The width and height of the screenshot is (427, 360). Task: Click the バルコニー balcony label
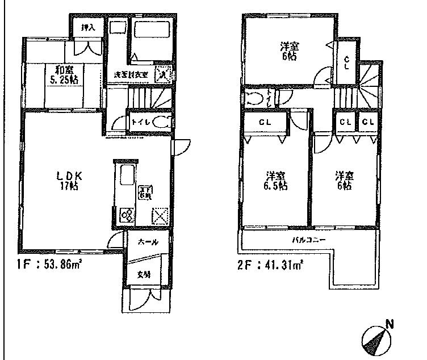pos(309,240)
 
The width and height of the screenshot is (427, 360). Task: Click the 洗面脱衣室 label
pos(131,74)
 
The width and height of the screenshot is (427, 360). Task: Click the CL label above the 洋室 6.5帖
pos(265,123)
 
